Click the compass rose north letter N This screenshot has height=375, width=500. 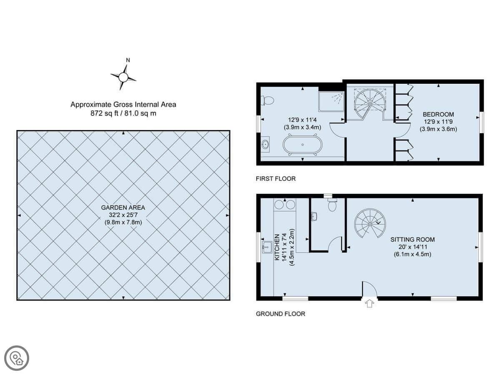pyautogui.click(x=128, y=60)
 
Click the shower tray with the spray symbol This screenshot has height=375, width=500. pyautogui.click(x=331, y=102)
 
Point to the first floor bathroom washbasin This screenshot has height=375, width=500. pyautogui.click(x=265, y=144)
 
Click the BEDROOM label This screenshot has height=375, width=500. pyautogui.click(x=438, y=114)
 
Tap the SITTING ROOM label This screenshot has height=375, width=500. pyautogui.click(x=412, y=240)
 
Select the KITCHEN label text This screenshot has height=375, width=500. pyautogui.click(x=277, y=247)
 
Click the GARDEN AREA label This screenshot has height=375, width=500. pyautogui.click(x=123, y=207)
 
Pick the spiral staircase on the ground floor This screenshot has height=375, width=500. pyautogui.click(x=370, y=223)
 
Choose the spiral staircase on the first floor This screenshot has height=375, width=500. pyautogui.click(x=370, y=104)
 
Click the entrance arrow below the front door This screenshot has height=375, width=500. pyautogui.click(x=370, y=303)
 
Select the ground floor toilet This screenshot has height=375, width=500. pyautogui.click(x=332, y=205)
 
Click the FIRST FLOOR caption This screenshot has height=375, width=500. pyautogui.click(x=276, y=179)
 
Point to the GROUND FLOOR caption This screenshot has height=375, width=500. pyautogui.click(x=280, y=314)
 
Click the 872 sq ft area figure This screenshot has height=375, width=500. pyautogui.click(x=104, y=113)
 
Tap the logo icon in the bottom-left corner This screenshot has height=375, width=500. pyautogui.click(x=17, y=358)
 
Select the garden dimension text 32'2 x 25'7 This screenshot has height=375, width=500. pyautogui.click(x=123, y=215)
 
